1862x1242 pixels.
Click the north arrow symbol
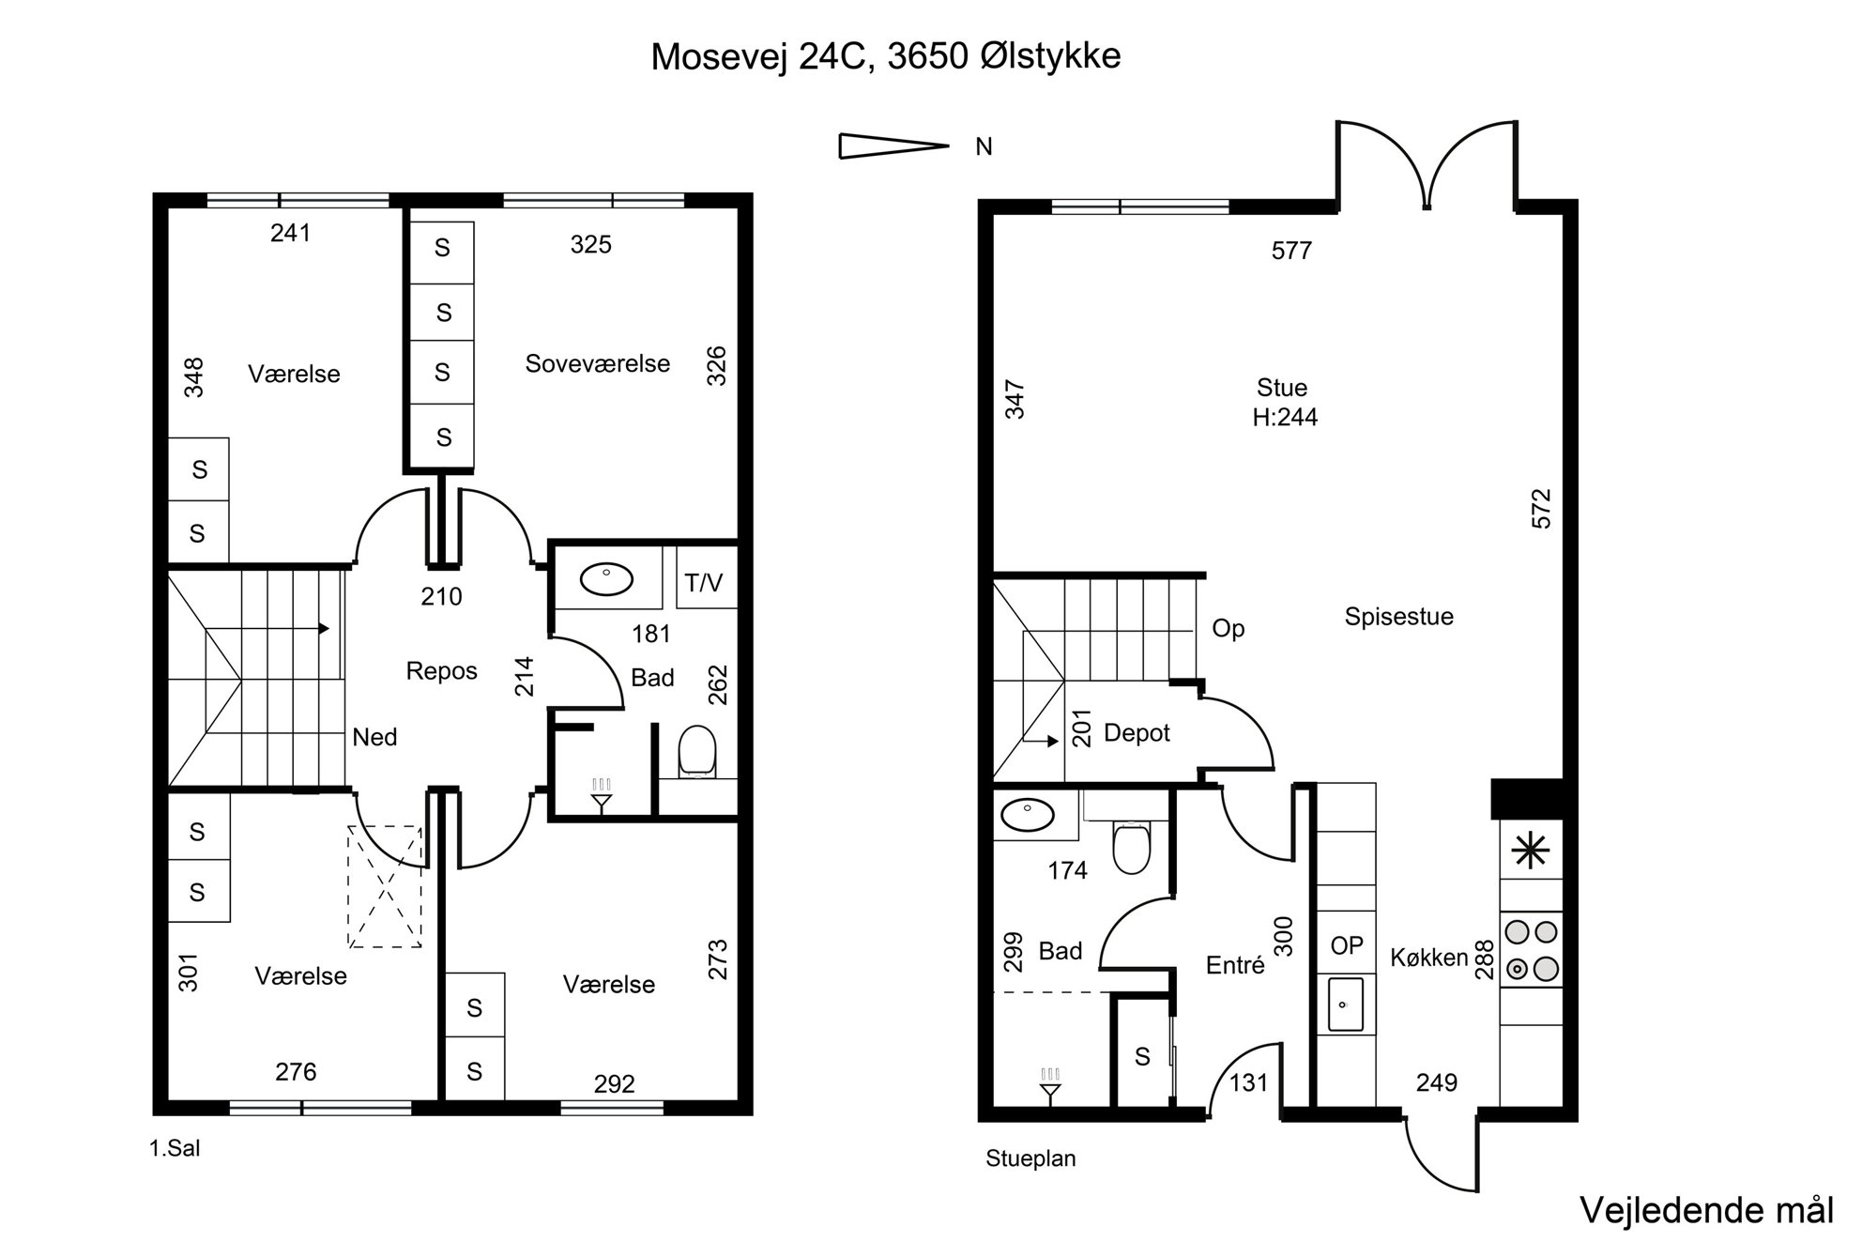pos(893,146)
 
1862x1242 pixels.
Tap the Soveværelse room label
pos(598,363)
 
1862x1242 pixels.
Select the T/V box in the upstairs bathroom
pos(705,576)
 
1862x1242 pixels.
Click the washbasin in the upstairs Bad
pos(607,579)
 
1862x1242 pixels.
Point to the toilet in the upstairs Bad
pos(696,751)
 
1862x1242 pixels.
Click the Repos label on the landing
pos(442,671)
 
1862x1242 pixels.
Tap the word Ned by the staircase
pos(374,737)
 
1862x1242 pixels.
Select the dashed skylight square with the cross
pos(385,887)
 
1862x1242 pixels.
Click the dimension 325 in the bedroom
pos(591,245)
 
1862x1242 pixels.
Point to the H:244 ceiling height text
pos(1285,417)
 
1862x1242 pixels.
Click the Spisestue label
pos(1399,617)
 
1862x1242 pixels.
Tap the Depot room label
pos(1137,733)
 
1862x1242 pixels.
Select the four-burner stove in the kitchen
pos(1531,949)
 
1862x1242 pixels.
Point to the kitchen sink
pos(1346,1004)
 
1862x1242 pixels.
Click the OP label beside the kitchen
pos(1347,945)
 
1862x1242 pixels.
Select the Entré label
pos(1235,965)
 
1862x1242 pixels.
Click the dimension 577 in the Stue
pos(1292,251)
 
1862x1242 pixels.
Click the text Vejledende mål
pos(1707,1210)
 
